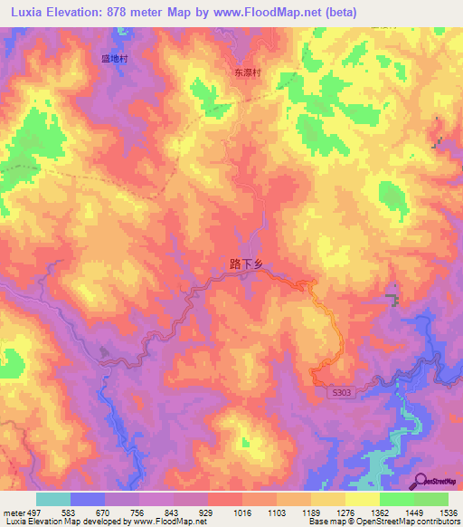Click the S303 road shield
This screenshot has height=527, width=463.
pyautogui.click(x=338, y=390)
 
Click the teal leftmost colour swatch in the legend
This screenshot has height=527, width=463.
pyautogui.click(x=52, y=499)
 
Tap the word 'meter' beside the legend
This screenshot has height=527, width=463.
pyautogui.click(x=14, y=513)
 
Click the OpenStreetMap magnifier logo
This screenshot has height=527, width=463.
pyautogui.click(x=420, y=480)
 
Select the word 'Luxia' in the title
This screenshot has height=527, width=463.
pyautogui.click(x=29, y=13)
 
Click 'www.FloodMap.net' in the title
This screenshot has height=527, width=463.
pyautogui.click(x=269, y=13)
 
